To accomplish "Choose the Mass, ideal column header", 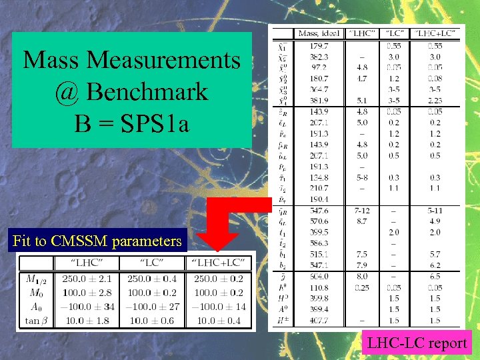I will coord(319,33).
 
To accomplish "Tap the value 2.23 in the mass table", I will coord(435,101).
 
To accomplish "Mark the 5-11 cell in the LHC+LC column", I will coord(435,210).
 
